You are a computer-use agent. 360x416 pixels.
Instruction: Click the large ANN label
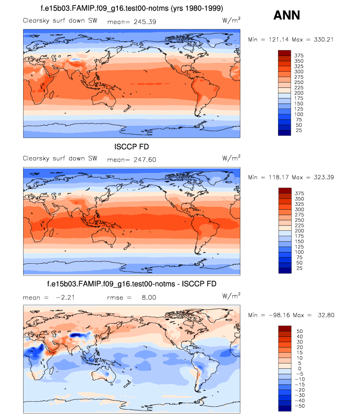tap(286, 16)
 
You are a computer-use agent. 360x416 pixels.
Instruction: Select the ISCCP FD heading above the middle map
tap(132, 147)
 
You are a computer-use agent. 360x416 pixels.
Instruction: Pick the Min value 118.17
tap(276, 177)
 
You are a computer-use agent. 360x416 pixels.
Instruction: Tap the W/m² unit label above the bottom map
tap(231, 296)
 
